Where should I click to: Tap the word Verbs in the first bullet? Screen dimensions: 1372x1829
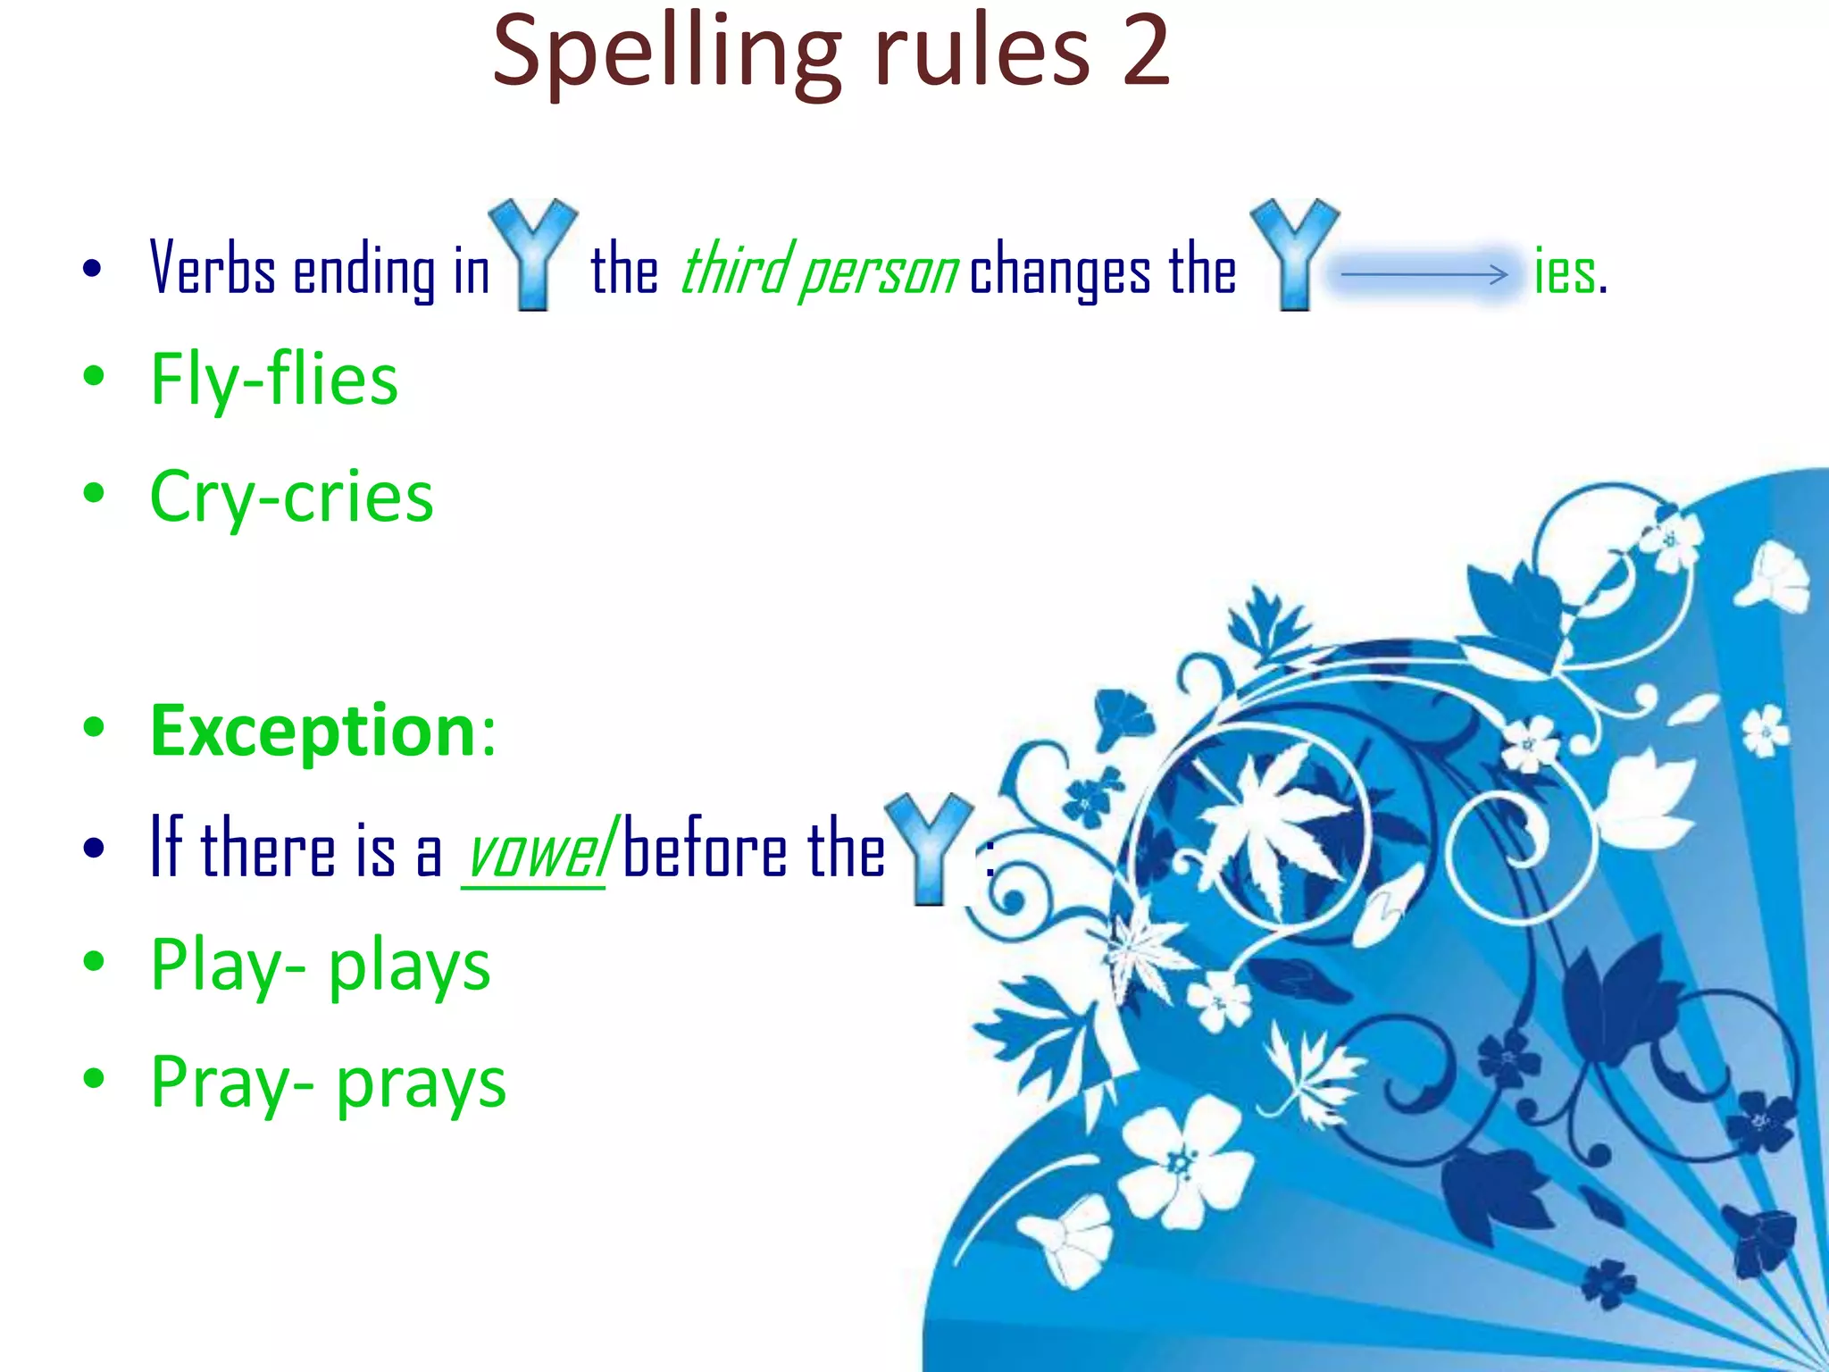pos(212,269)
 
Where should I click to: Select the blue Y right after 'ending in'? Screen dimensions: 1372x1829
pos(533,255)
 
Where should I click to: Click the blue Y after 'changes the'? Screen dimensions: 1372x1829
pos(1294,255)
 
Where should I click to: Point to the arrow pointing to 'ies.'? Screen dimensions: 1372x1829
pos(1424,274)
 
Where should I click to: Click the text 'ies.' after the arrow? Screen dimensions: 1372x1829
pos(1570,272)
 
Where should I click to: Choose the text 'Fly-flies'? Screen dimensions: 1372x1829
pos(274,380)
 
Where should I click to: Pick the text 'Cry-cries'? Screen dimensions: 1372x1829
pos(291,498)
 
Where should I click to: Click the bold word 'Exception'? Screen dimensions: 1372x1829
pos(313,731)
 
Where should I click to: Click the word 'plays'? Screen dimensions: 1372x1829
pos(410,966)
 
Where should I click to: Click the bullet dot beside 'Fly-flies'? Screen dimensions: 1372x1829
pos(94,376)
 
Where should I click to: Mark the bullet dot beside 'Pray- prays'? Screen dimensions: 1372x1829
pos(94,1078)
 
